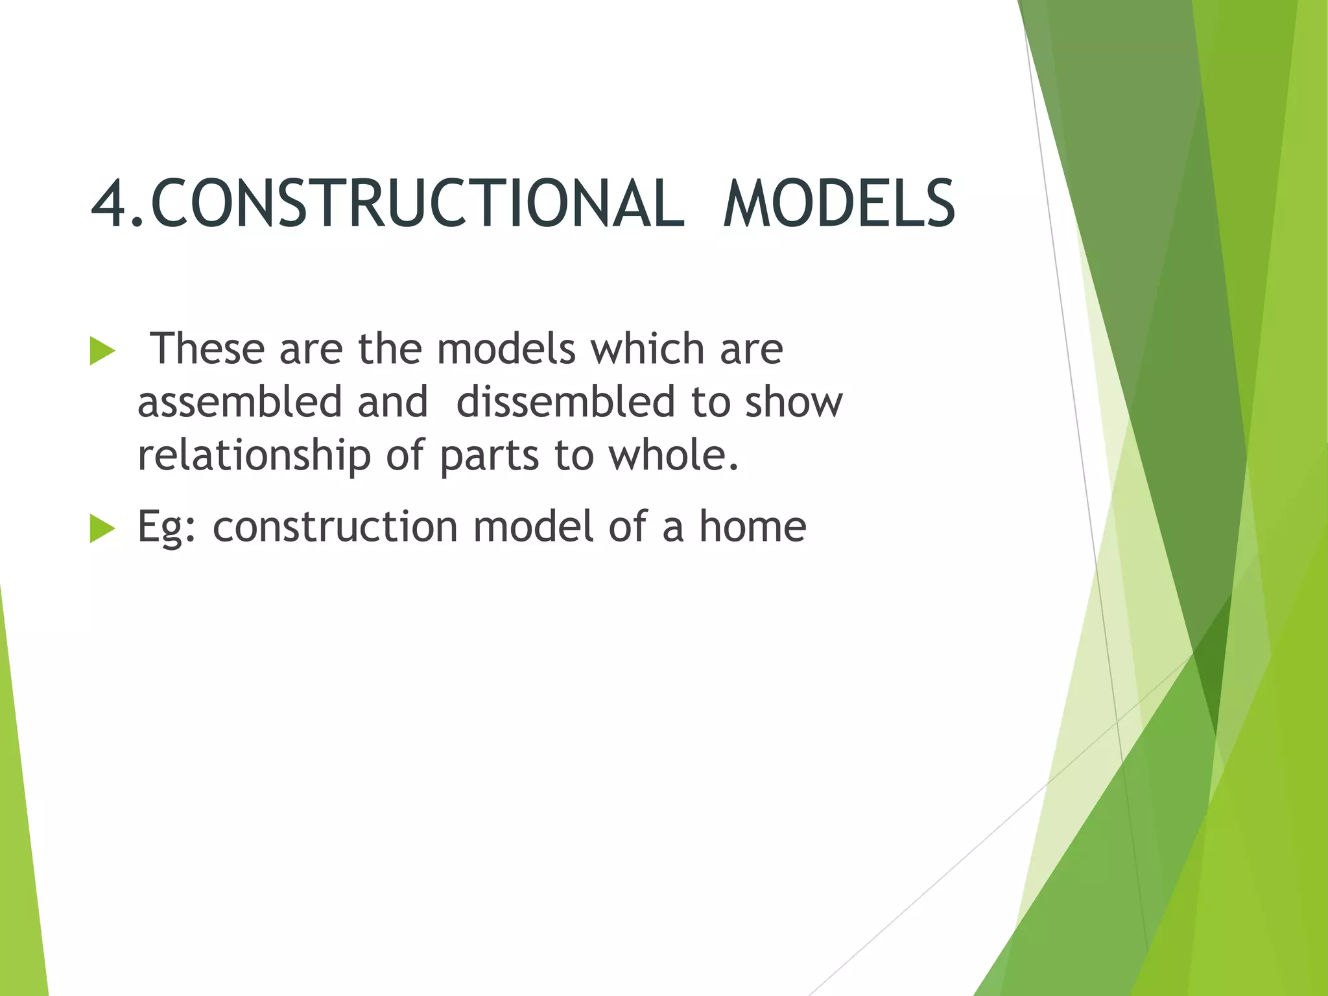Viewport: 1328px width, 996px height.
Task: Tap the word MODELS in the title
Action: [839, 204]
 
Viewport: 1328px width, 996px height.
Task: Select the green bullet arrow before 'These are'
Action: [102, 351]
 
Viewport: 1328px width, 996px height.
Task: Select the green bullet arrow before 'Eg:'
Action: [102, 528]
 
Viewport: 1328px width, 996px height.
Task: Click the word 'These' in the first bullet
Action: [207, 349]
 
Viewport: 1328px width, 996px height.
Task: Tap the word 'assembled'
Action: [239, 402]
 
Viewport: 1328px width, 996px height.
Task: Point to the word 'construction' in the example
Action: [335, 527]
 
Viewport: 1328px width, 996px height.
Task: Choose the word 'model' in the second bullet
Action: [532, 526]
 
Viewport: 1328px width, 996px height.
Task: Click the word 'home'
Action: [752, 526]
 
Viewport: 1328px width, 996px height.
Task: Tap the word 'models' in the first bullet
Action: [506, 349]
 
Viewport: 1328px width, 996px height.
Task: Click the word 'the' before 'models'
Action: [390, 349]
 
